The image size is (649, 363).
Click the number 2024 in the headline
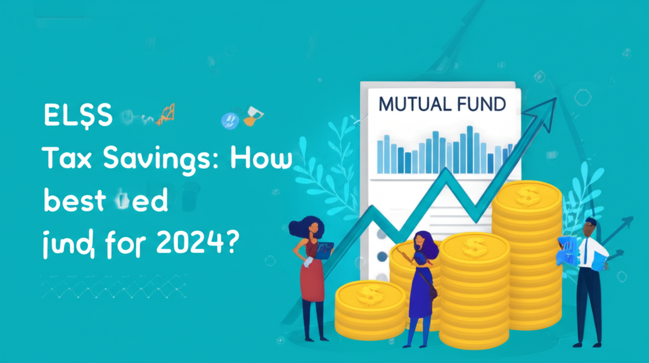186,243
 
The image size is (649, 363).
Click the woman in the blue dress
422,286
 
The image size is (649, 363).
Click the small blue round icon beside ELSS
228,120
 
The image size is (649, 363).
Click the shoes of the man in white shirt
587,343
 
